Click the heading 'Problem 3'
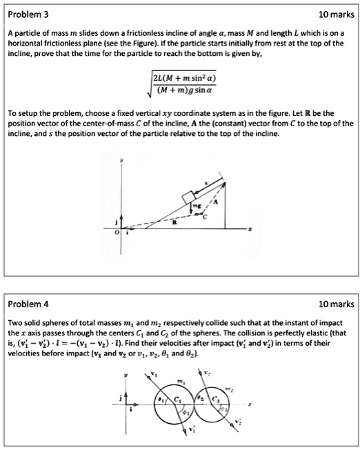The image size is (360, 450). (28, 14)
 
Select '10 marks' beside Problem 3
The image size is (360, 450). (332, 14)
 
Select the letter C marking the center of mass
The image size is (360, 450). (204, 217)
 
